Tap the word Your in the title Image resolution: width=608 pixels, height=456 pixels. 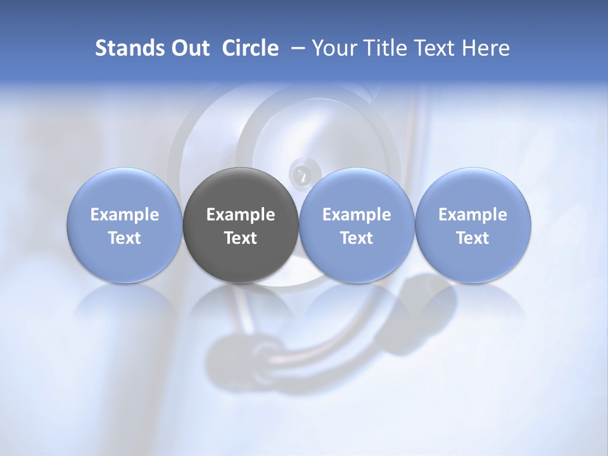(332, 48)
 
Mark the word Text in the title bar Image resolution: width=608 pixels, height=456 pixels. (435, 48)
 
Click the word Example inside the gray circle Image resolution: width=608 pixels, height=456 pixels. (241, 215)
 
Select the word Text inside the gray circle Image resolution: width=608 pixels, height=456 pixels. (241, 238)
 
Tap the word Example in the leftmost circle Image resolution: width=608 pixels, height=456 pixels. (125, 215)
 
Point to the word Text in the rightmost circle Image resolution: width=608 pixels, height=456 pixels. (472, 238)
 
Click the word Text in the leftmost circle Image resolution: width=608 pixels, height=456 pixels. (125, 238)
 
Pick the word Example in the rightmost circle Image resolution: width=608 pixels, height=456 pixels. (472, 215)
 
